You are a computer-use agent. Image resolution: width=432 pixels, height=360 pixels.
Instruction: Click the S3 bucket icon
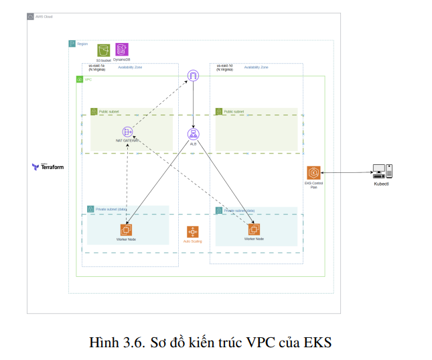click(103, 50)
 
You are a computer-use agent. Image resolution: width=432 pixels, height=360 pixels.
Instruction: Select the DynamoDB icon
click(121, 50)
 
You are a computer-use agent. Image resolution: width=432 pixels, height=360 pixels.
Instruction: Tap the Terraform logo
click(48, 166)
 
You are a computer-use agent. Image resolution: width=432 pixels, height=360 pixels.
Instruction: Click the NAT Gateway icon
click(126, 132)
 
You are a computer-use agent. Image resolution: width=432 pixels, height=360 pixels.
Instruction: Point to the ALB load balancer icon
click(193, 134)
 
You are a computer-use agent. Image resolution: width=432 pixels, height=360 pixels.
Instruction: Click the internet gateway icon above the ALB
click(193, 76)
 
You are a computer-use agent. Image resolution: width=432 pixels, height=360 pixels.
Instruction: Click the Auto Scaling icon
click(193, 232)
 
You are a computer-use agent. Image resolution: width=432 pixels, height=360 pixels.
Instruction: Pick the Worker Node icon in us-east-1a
click(126, 229)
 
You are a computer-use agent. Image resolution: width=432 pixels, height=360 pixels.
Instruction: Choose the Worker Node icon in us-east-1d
click(254, 229)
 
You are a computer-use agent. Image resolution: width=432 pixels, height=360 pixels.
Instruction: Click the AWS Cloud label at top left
click(43, 16)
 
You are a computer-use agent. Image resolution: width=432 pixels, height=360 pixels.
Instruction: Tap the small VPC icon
click(80, 80)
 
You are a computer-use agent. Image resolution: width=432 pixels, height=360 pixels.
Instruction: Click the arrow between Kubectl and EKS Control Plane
click(345, 173)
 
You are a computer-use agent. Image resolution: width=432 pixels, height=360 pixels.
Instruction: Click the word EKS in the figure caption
click(317, 342)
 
